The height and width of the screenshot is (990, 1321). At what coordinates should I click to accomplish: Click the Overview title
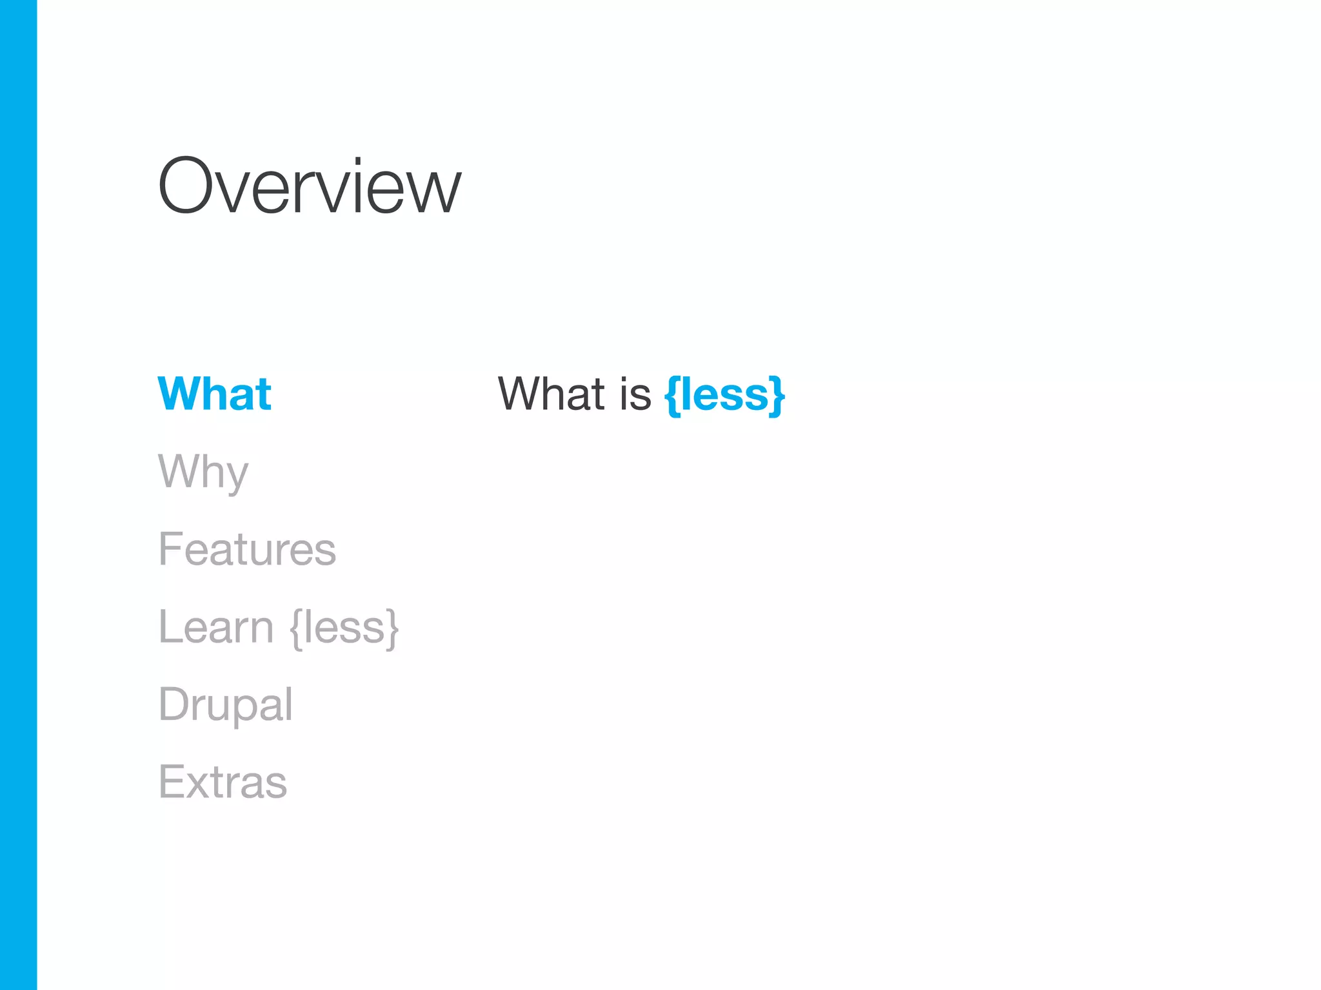click(310, 187)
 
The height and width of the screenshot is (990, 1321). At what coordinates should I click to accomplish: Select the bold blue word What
click(215, 394)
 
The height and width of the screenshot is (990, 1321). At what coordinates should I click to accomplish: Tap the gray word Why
click(203, 472)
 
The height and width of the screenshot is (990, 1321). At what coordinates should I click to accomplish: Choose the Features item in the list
click(247, 549)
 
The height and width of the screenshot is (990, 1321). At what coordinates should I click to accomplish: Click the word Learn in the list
click(216, 626)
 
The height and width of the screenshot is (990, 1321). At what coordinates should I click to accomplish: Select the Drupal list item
click(226, 704)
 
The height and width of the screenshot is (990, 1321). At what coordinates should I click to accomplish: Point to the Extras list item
click(223, 782)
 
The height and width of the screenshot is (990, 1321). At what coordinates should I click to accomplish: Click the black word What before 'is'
click(551, 394)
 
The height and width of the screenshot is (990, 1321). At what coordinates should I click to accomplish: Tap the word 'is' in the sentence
click(635, 394)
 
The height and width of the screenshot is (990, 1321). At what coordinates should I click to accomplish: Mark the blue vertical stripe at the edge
click(18, 495)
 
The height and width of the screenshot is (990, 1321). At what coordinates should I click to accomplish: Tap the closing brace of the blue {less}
click(777, 395)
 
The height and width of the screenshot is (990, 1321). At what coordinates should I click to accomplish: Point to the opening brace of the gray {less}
click(296, 628)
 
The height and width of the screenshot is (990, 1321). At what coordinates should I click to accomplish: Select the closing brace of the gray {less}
click(392, 628)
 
